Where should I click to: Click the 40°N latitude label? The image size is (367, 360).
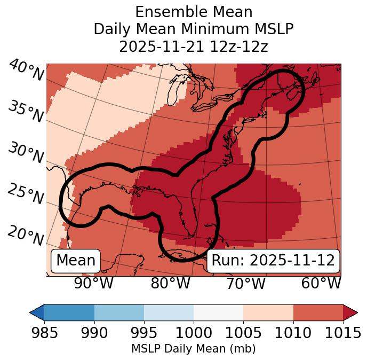point(26,71)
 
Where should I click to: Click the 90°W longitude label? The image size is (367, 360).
point(94,284)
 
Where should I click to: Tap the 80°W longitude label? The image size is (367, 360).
point(170,284)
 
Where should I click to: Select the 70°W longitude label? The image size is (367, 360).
point(245,284)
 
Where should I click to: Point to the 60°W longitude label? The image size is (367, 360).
point(321,284)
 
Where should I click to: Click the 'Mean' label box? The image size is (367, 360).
point(76,261)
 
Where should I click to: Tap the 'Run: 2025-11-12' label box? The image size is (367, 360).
point(273,261)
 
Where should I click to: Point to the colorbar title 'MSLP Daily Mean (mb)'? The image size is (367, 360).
point(194,349)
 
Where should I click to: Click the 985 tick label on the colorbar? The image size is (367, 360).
point(44,333)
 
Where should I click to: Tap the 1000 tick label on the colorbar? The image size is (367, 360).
point(194,333)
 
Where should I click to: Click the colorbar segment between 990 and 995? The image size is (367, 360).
point(119,312)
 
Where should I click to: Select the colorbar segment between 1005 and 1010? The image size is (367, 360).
point(268,312)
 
